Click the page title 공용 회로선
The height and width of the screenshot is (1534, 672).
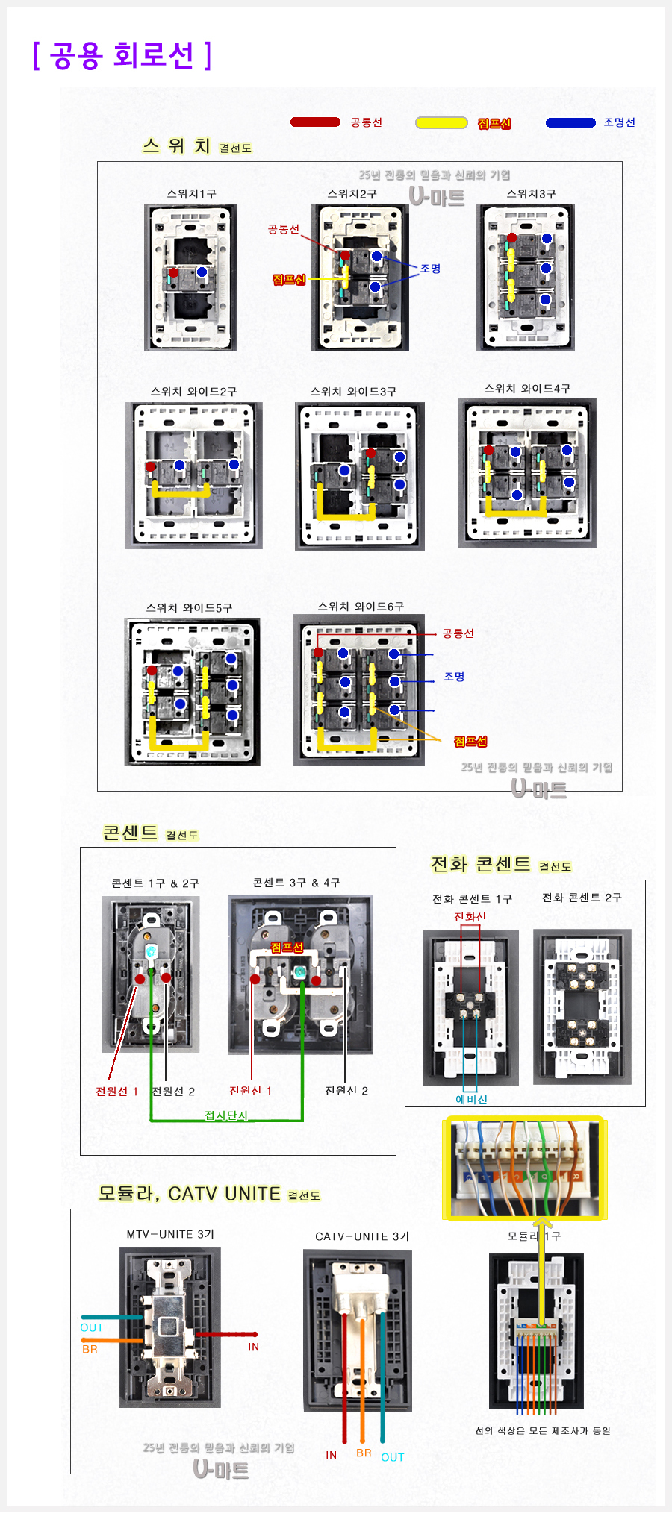[122, 55]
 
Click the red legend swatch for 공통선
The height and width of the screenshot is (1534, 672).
[315, 122]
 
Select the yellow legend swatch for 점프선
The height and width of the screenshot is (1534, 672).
[441, 123]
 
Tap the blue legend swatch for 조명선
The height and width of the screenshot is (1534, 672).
[570, 122]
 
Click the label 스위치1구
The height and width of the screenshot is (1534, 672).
[191, 194]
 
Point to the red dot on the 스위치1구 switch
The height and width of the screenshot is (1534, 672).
[173, 273]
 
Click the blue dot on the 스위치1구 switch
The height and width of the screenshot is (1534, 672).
[202, 272]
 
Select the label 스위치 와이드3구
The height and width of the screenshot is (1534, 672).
[353, 392]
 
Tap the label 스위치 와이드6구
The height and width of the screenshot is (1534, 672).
[361, 607]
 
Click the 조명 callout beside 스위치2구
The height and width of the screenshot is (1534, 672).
[430, 269]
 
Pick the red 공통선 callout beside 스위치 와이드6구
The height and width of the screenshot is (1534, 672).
[458, 633]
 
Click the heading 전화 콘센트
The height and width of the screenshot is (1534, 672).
[480, 864]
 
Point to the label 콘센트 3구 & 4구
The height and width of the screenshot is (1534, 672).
[296, 883]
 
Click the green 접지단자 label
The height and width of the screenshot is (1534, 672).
[226, 1115]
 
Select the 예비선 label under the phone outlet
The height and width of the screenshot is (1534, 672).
[471, 1099]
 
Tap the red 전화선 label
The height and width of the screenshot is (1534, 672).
[470, 917]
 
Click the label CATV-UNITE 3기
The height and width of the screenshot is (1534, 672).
[362, 1236]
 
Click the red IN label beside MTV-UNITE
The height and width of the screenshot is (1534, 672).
[253, 1347]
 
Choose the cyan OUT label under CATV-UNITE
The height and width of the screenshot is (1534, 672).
[392, 1457]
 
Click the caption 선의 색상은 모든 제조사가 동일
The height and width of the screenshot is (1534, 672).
[543, 1430]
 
